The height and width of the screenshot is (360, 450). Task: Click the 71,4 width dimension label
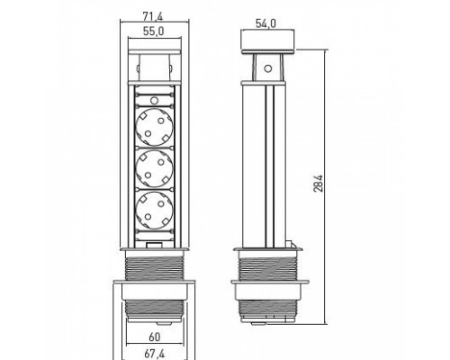[x=153, y=16]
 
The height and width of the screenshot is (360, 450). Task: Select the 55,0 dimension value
[x=154, y=31]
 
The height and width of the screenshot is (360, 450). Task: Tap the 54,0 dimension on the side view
[x=265, y=23]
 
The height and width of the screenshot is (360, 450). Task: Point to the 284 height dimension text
[x=319, y=184]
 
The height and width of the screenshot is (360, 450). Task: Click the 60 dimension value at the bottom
[x=155, y=337]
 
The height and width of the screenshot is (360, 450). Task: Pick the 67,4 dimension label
[x=154, y=354]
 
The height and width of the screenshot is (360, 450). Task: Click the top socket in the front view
[x=154, y=127]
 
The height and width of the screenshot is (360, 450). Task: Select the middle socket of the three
[x=154, y=169]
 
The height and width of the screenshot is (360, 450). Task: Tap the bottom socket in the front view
[x=154, y=211]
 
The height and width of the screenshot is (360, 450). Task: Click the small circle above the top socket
[x=154, y=100]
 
